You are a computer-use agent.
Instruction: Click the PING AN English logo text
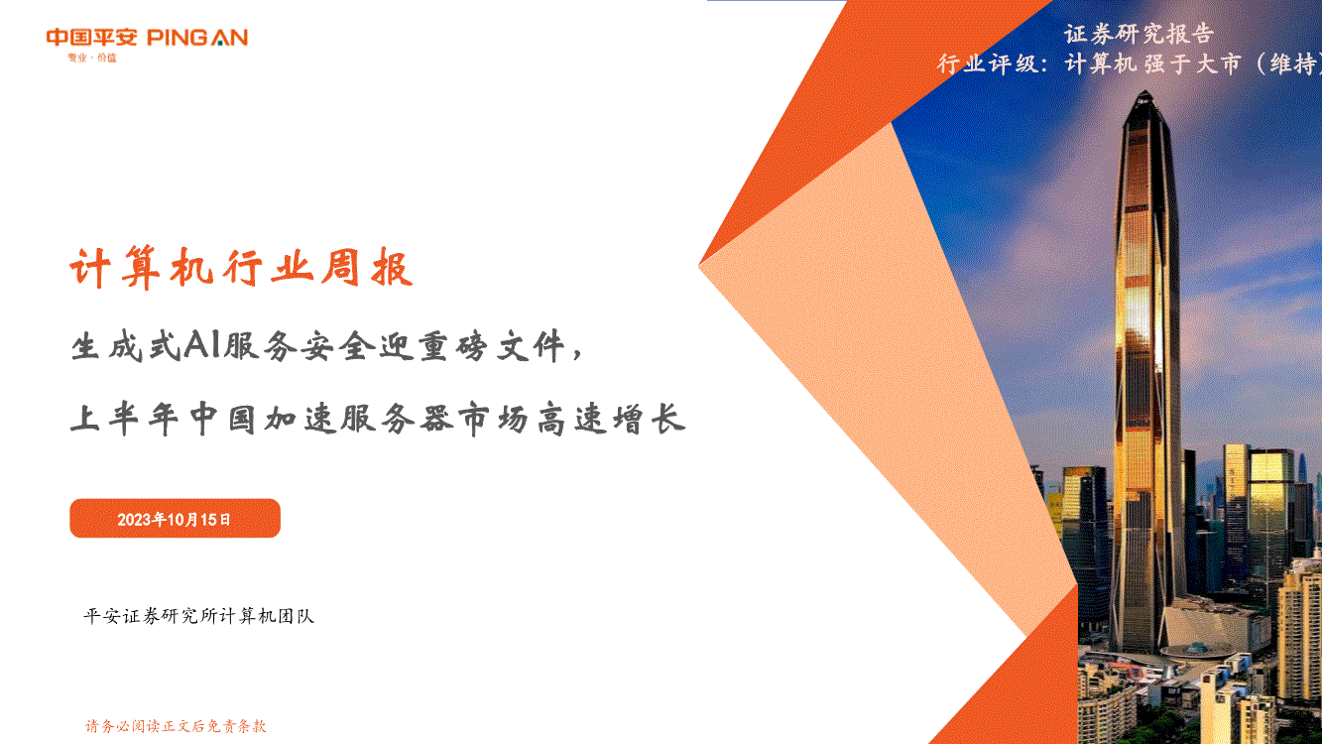click(x=197, y=38)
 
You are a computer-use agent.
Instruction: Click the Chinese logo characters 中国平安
click(x=92, y=38)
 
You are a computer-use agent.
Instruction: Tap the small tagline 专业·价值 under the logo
click(x=92, y=58)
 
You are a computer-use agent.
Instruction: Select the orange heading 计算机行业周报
click(x=241, y=269)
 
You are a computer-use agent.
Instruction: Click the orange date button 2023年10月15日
click(x=175, y=519)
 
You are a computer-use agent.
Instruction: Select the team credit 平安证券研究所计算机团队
click(x=199, y=616)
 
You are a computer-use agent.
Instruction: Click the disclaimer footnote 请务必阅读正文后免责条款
click(x=176, y=726)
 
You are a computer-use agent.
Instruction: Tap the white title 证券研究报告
click(x=1140, y=35)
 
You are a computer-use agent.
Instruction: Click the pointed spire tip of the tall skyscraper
click(x=1144, y=91)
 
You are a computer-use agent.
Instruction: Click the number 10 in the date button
click(x=177, y=520)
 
